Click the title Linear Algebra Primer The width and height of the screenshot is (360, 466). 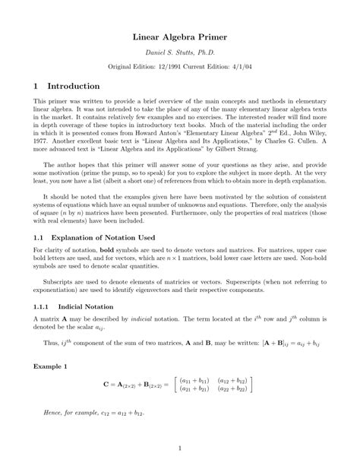(180, 36)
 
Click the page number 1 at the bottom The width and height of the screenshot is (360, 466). (180, 448)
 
